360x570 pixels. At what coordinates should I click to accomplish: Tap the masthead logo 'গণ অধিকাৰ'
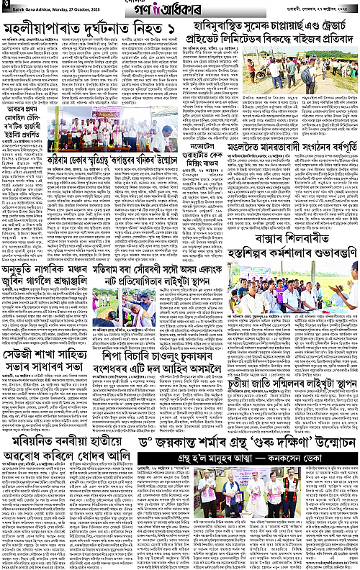click(179, 9)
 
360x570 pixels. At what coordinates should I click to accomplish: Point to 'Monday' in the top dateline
click(68, 9)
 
